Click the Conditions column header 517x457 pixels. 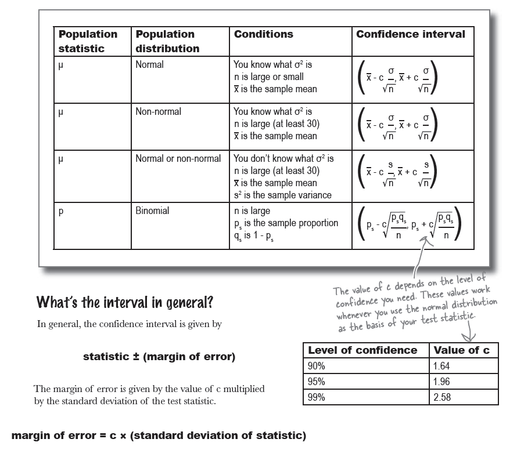pyautogui.click(x=263, y=34)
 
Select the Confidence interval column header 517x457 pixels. pyautogui.click(x=410, y=34)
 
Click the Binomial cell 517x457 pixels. pyautogui.click(x=152, y=211)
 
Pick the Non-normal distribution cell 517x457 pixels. pyautogui.click(x=158, y=111)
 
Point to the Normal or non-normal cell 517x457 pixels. pyautogui.click(x=178, y=158)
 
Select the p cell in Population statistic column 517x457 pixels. pyautogui.click(x=61, y=212)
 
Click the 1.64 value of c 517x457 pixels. pyautogui.click(x=441, y=366)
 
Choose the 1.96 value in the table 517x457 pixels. pyautogui.click(x=441, y=382)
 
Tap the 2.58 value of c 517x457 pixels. pyautogui.click(x=441, y=397)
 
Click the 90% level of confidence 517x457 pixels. pyautogui.click(x=317, y=366)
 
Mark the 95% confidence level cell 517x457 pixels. pyautogui.click(x=317, y=382)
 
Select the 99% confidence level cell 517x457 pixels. pyautogui.click(x=317, y=397)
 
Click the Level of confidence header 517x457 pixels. pyautogui.click(x=362, y=350)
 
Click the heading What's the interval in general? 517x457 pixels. pyautogui.click(x=124, y=302)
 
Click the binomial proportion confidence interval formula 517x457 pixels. pyautogui.click(x=410, y=224)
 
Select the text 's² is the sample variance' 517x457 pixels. pyautogui.click(x=282, y=195)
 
